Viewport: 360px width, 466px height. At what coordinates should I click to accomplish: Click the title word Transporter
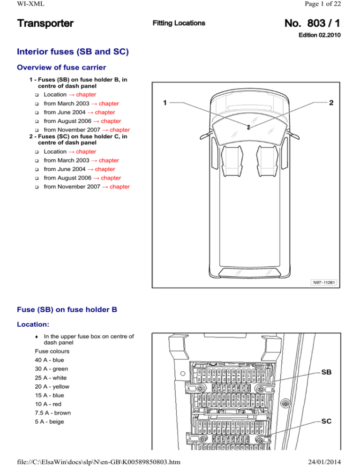pos(45,23)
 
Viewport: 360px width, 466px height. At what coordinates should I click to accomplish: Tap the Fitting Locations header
pos(179,23)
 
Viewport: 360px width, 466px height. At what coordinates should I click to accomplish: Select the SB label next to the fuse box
pos(327,373)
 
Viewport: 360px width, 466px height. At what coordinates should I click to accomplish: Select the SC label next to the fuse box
pos(327,422)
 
